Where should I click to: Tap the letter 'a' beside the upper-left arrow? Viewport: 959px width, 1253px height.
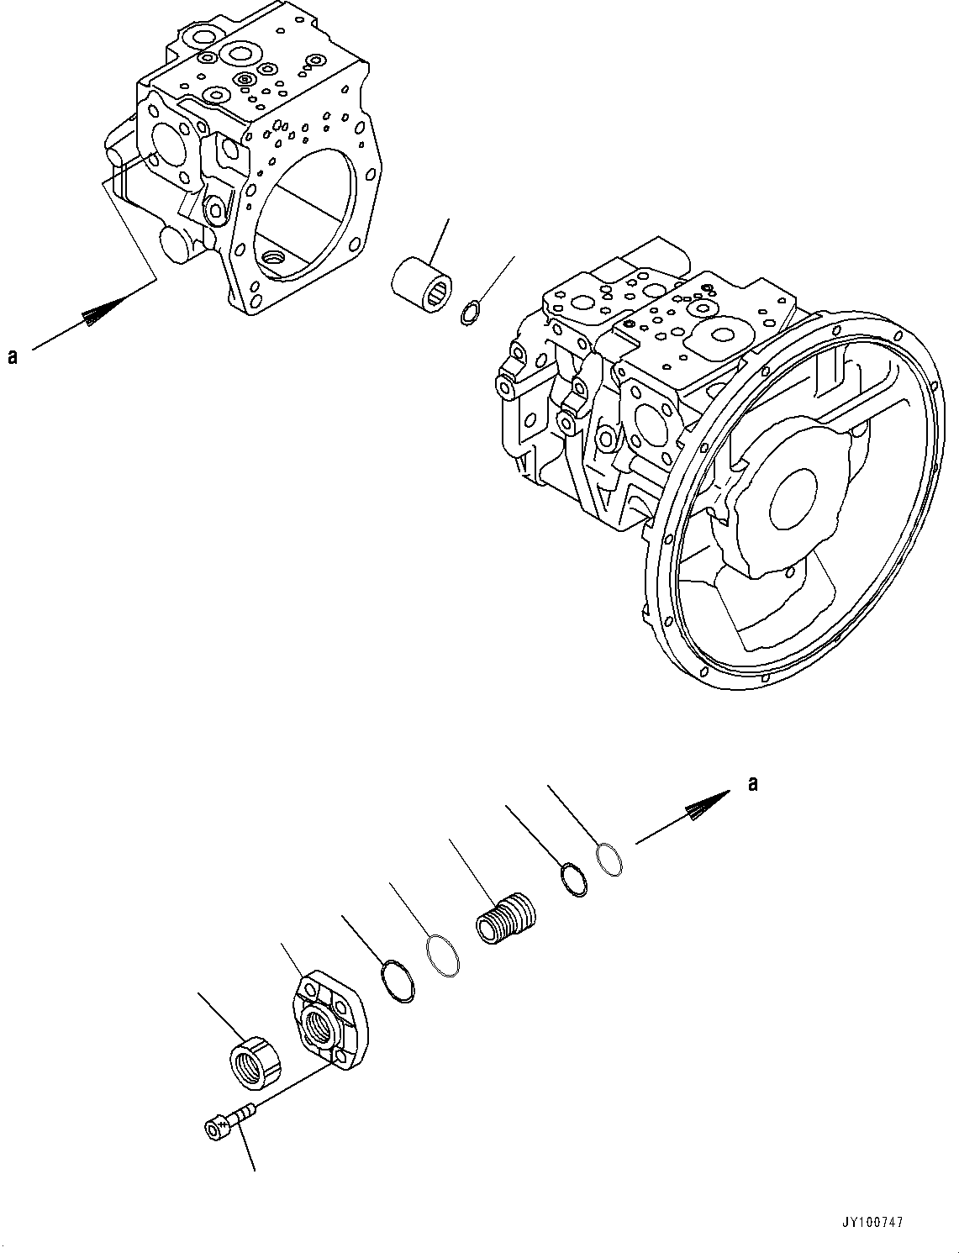coord(13,357)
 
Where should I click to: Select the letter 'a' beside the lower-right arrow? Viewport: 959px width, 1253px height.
coord(753,783)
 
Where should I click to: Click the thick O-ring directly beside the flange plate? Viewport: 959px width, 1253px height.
coord(396,981)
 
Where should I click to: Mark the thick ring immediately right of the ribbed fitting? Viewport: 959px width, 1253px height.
coord(573,879)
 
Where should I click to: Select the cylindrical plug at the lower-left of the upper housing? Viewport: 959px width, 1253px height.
coord(180,245)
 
